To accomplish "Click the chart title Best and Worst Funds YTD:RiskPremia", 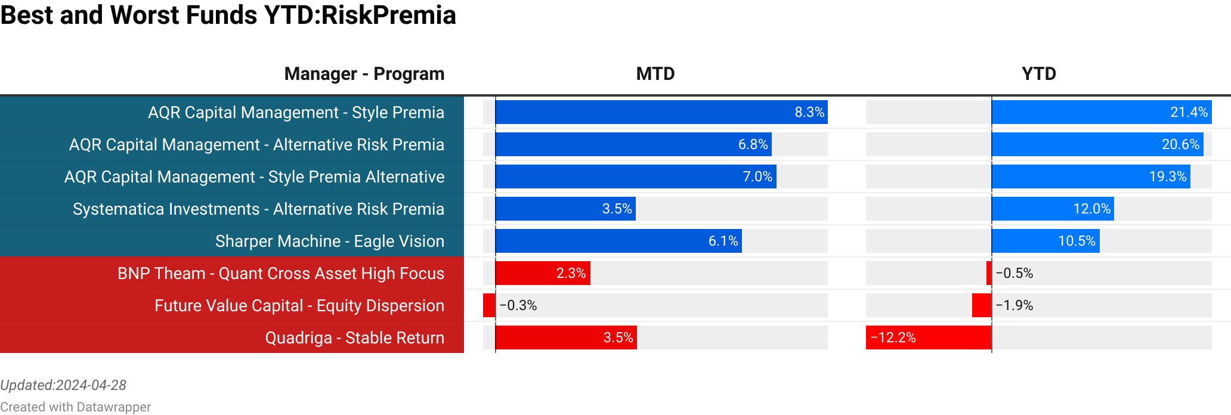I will pyautogui.click(x=228, y=16).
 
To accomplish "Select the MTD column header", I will pyautogui.click(x=655, y=74).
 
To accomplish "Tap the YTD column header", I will pyautogui.click(x=1038, y=74).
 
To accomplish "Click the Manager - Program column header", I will pyautogui.click(x=364, y=74).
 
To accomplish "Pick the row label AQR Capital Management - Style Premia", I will pyautogui.click(x=296, y=113).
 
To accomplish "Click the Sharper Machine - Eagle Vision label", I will pyautogui.click(x=329, y=241).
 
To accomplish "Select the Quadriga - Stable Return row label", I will pyautogui.click(x=354, y=338).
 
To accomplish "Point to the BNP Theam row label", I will pyautogui.click(x=280, y=274).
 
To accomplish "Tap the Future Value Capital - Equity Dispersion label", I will pyautogui.click(x=299, y=306).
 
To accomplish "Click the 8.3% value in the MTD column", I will pyautogui.click(x=809, y=113).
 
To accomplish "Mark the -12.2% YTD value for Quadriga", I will pyautogui.click(x=893, y=338).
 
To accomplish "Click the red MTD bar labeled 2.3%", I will pyautogui.click(x=542, y=274).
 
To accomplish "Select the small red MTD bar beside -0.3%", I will pyautogui.click(x=489, y=306).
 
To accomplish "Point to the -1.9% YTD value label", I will pyautogui.click(x=1014, y=306).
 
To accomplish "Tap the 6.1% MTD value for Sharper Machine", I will pyautogui.click(x=723, y=241).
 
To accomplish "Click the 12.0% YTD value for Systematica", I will pyautogui.click(x=1091, y=209).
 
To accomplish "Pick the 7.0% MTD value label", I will pyautogui.click(x=757, y=177).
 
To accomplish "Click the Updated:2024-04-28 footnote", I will pyautogui.click(x=63, y=385).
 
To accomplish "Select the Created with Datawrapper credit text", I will pyautogui.click(x=75, y=407).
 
